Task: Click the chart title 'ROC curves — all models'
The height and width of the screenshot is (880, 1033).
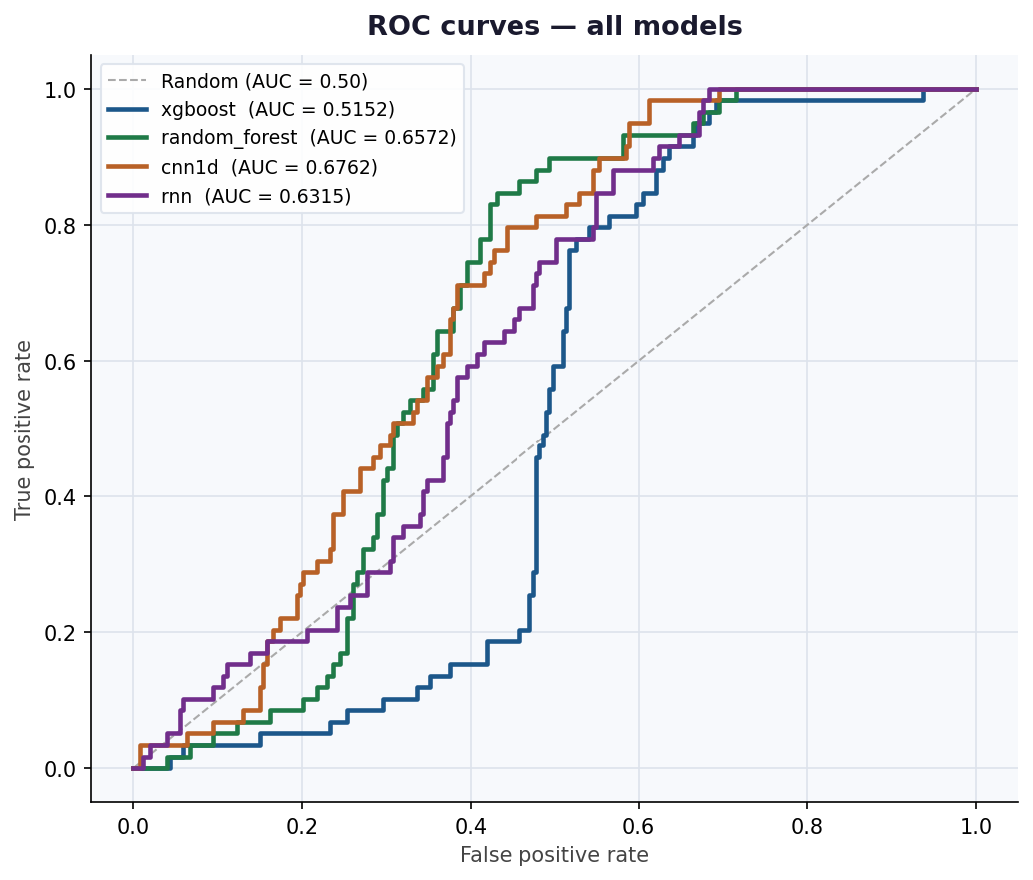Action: pyautogui.click(x=554, y=26)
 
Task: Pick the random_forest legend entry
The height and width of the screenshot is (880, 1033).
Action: pyautogui.click(x=308, y=137)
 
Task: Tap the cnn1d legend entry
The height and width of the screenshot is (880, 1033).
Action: pyautogui.click(x=269, y=166)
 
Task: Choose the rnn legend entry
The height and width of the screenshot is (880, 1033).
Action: pyautogui.click(x=256, y=196)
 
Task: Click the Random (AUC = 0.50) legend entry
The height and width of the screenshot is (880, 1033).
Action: pyautogui.click(x=264, y=81)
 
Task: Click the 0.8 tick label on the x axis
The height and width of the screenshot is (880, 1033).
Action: pyautogui.click(x=807, y=826)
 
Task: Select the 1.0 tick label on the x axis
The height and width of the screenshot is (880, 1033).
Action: pyautogui.click(x=976, y=826)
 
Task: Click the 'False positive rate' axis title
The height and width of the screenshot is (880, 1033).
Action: pyautogui.click(x=553, y=855)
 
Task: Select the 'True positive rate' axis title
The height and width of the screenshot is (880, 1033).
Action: pyautogui.click(x=24, y=430)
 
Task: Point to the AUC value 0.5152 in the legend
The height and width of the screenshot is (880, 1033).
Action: pyautogui.click(x=357, y=109)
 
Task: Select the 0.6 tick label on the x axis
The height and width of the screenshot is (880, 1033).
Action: pyautogui.click(x=638, y=826)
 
